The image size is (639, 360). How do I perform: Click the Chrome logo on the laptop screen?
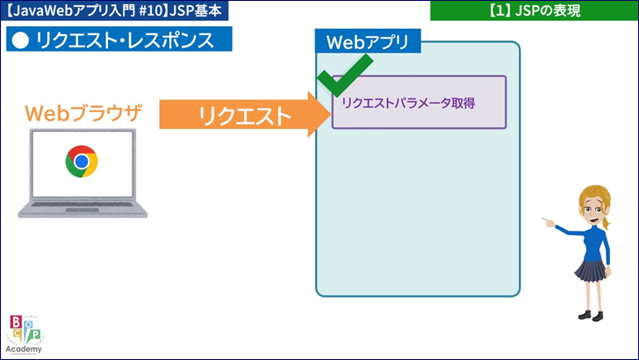(x=82, y=162)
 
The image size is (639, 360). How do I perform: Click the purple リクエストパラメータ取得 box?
(x=419, y=103)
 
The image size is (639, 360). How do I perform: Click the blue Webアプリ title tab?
(x=368, y=41)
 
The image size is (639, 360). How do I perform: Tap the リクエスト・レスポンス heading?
(x=124, y=40)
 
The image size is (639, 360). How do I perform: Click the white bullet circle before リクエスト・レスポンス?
(x=22, y=40)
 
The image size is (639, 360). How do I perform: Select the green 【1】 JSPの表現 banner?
(x=533, y=11)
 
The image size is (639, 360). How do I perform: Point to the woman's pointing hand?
(x=548, y=222)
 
